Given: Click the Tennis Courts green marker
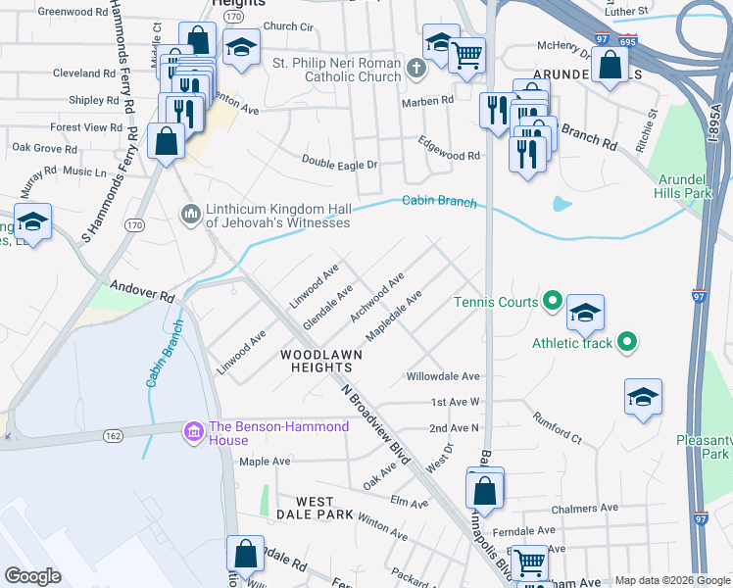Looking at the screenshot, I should click(552, 302).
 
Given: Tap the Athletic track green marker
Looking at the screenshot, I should click(628, 342).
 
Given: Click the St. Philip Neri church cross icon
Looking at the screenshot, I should click(415, 69).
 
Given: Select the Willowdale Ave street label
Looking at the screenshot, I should click(443, 376).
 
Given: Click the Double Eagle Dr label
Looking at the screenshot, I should click(339, 160).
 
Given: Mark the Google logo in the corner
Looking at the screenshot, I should click(33, 576).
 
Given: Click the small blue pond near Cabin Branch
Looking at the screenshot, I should click(562, 204).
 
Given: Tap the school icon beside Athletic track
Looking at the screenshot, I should click(585, 312).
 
